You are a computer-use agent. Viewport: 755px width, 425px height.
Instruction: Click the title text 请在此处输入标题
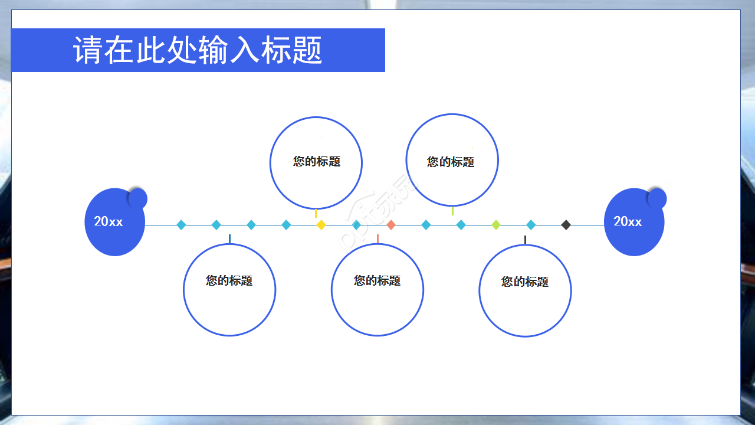click(x=198, y=50)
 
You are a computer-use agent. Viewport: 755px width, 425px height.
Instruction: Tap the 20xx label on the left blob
click(x=109, y=222)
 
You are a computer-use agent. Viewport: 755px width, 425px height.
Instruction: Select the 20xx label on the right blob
click(x=628, y=221)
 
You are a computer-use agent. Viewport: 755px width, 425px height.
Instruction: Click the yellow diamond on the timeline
click(x=321, y=225)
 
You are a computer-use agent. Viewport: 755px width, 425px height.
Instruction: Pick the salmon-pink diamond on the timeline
click(x=390, y=225)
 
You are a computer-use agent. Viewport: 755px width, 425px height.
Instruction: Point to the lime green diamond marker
click(x=496, y=225)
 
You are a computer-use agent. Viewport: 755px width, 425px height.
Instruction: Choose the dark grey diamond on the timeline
click(x=566, y=225)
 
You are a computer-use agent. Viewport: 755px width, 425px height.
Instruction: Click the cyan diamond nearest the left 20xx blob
click(x=181, y=225)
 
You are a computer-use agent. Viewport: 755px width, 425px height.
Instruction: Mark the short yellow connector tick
click(x=316, y=213)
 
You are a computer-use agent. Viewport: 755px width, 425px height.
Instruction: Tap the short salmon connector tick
click(x=377, y=238)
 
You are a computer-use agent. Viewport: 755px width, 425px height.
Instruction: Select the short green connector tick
click(x=452, y=211)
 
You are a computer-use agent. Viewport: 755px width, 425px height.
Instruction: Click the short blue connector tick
click(x=229, y=238)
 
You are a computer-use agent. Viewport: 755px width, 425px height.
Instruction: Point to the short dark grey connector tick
click(x=525, y=240)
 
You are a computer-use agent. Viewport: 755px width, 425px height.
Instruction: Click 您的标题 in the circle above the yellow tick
click(x=317, y=162)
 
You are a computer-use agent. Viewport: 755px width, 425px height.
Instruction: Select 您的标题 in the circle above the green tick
click(x=451, y=162)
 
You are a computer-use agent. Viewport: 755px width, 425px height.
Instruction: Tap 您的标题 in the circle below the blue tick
click(x=229, y=281)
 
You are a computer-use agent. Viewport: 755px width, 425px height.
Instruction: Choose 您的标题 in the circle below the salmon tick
click(x=377, y=281)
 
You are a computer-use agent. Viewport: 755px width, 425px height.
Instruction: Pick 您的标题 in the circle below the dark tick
click(x=525, y=282)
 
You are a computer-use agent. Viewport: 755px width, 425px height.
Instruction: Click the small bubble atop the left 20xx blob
click(x=137, y=199)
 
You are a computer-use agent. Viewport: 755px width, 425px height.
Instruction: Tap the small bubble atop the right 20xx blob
click(x=656, y=199)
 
